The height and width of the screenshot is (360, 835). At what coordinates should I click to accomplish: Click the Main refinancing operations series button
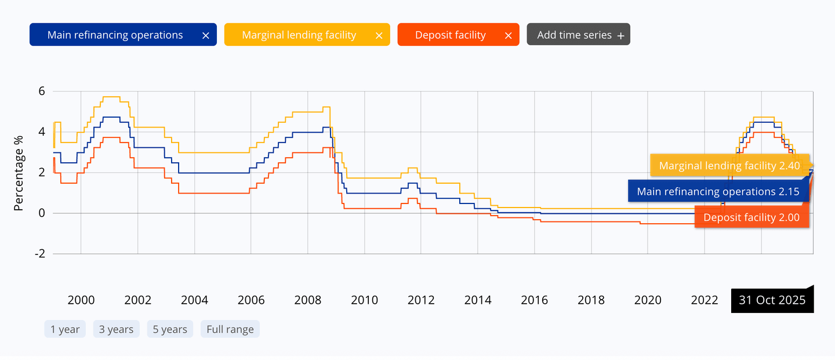(123, 35)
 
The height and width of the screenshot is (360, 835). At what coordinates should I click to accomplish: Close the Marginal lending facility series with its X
(379, 35)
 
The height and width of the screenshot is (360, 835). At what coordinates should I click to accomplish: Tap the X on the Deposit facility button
(508, 35)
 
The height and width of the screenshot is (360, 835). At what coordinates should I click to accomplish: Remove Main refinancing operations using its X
(205, 35)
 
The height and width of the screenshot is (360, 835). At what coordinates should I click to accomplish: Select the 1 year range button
(65, 329)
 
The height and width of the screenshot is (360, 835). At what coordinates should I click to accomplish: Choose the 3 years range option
(117, 329)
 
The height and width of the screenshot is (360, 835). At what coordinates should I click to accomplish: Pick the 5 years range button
(170, 329)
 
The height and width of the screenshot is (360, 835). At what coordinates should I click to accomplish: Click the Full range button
(230, 329)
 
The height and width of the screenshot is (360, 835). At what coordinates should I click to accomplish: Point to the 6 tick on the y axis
(41, 92)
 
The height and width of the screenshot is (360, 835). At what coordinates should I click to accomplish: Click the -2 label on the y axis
(40, 254)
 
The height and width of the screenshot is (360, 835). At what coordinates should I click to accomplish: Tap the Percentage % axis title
(19, 173)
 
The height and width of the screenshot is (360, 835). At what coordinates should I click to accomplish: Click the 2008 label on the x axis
(307, 300)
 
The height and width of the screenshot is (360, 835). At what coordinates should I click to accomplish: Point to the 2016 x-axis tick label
(534, 300)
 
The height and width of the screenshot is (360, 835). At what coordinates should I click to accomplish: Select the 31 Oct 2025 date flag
(772, 300)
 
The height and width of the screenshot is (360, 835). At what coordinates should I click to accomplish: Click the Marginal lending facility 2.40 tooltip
(729, 165)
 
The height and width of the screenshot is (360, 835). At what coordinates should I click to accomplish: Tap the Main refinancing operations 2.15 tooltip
(718, 191)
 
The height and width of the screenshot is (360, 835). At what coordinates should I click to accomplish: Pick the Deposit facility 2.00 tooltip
(752, 217)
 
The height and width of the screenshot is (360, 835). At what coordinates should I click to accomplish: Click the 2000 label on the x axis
(81, 300)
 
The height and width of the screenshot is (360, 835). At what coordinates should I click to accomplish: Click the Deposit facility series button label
(451, 35)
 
